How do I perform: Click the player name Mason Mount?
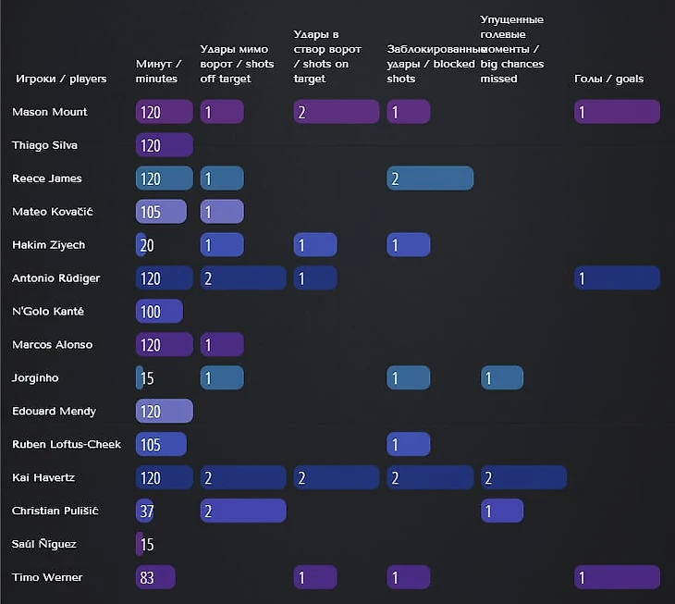point(50,112)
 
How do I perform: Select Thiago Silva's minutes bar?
point(164,145)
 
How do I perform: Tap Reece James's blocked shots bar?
point(430,179)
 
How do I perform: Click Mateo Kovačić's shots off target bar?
point(222,212)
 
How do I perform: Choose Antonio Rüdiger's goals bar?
point(617,278)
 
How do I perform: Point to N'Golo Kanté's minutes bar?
point(159,312)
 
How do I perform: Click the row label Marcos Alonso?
point(52,345)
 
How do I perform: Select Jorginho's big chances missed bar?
point(502,378)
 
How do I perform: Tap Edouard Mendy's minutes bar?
point(164,412)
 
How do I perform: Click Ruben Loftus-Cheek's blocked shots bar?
point(409,445)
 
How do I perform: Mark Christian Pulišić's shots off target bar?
point(243,512)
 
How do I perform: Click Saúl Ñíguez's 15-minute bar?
point(140,545)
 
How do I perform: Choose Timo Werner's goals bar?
point(617,578)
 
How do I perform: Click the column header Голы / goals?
point(608,79)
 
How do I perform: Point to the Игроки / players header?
point(61,79)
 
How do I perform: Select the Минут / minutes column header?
point(158,71)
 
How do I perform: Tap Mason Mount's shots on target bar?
point(337,112)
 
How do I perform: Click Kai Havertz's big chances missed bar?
point(523,478)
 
